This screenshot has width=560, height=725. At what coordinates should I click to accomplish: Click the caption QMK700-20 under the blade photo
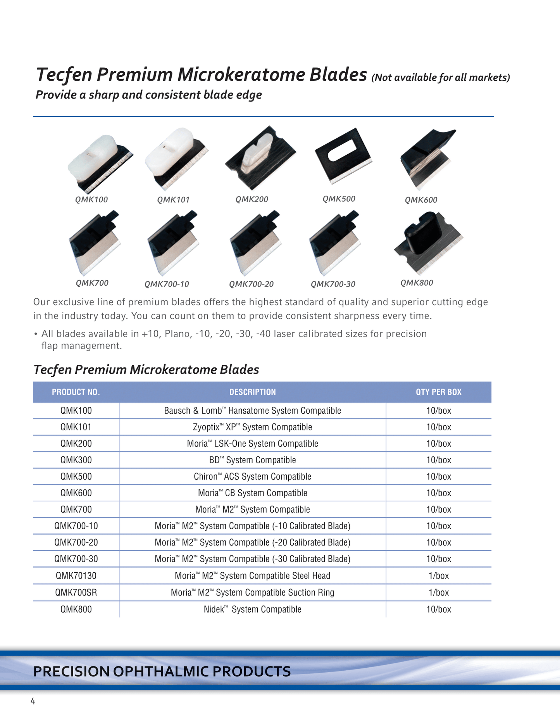[x=251, y=284]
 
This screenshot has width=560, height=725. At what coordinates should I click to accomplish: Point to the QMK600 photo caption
[x=421, y=200]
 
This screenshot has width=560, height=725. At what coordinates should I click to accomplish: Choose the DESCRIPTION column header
[x=252, y=392]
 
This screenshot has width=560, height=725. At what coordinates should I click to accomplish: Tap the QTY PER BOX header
[x=439, y=392]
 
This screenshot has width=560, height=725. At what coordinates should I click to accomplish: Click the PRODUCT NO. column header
[x=76, y=392]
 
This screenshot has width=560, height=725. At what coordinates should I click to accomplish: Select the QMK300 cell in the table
[x=76, y=460]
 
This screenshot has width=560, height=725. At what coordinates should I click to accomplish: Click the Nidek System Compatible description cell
[x=252, y=609]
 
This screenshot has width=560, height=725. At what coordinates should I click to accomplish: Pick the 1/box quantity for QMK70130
[x=439, y=576]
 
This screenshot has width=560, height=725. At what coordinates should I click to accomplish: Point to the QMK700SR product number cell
[x=76, y=592]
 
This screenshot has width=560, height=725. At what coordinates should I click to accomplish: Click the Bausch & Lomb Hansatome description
[x=252, y=411]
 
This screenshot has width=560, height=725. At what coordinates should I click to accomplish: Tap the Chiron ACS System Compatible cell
[x=252, y=476]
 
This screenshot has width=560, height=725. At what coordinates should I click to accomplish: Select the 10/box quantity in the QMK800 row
[x=439, y=609]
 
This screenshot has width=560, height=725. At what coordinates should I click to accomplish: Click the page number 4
[x=33, y=701]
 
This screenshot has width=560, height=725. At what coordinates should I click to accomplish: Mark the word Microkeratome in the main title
[x=241, y=74]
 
